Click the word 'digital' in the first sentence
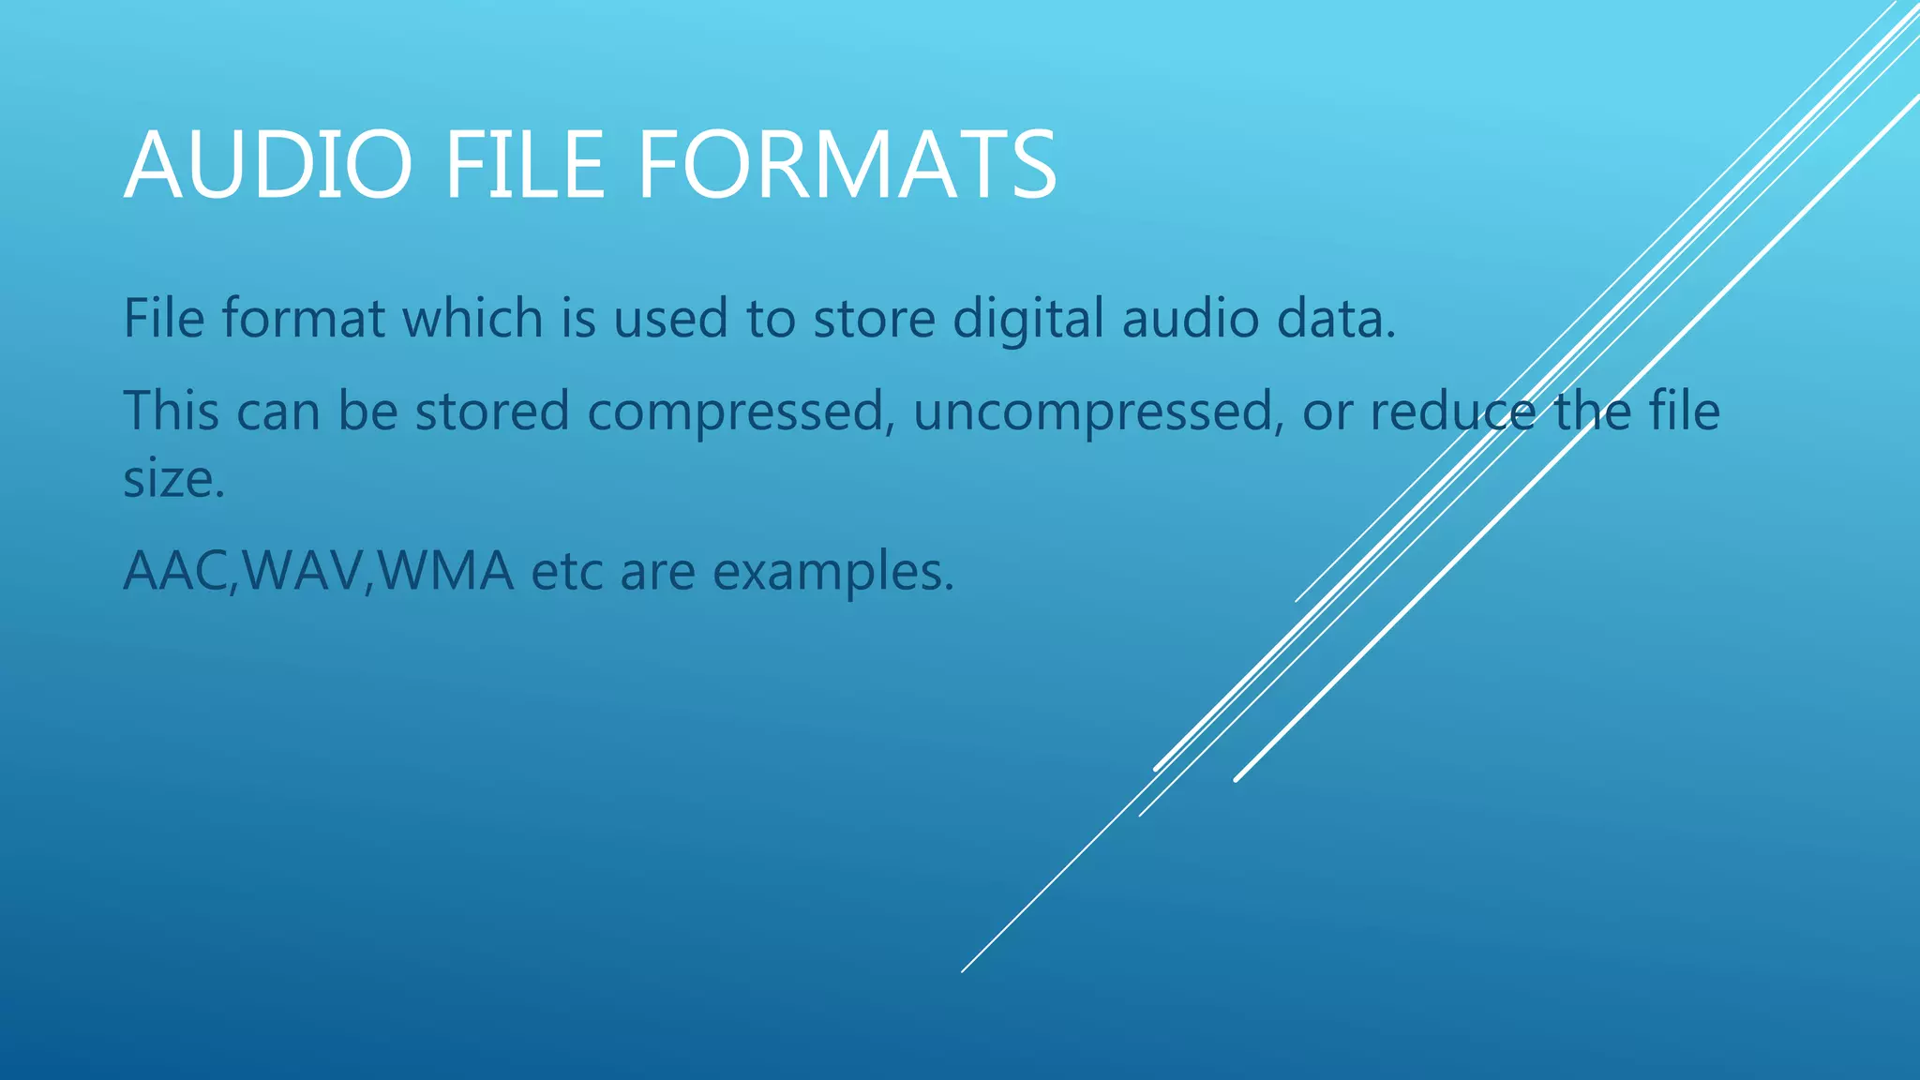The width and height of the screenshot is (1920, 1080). coord(1028,318)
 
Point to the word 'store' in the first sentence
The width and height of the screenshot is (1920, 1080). coord(874,318)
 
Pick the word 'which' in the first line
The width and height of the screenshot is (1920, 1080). coord(472,318)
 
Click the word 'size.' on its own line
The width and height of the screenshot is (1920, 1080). coord(174,479)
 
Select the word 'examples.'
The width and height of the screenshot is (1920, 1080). coord(833,572)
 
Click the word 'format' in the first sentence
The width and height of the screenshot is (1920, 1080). coord(303,318)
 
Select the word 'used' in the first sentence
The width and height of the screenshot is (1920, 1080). coord(670,318)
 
